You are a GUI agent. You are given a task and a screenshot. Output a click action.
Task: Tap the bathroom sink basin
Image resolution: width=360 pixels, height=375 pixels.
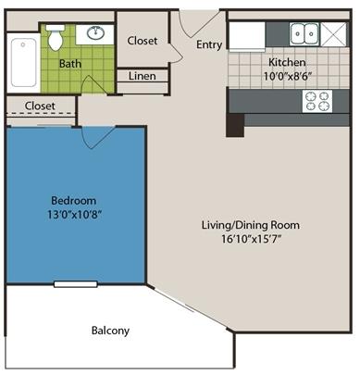pyautogui.click(x=95, y=33)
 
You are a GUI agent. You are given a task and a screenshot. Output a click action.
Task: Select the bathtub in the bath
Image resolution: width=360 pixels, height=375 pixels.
pyautogui.click(x=23, y=63)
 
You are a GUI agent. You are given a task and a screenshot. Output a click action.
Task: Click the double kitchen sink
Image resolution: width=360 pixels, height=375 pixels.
pyautogui.click(x=304, y=33)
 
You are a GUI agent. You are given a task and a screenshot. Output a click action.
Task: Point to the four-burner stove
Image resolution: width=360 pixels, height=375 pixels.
pyautogui.click(x=317, y=101)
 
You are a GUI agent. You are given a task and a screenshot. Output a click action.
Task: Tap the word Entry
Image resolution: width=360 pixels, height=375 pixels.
pyautogui.click(x=209, y=44)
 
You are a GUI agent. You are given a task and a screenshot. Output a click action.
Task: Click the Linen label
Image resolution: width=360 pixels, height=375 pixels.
pyautogui.click(x=143, y=76)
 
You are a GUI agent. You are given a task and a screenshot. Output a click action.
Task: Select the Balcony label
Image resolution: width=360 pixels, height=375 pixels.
pyautogui.click(x=110, y=331)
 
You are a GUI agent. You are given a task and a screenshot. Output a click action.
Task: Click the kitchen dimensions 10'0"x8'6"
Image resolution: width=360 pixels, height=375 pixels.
pyautogui.click(x=286, y=76)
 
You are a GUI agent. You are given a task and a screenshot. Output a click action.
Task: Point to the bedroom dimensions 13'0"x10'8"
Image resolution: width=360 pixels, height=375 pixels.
pyautogui.click(x=74, y=214)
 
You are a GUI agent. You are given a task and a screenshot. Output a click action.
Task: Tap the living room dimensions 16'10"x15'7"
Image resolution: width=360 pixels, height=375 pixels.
pyautogui.click(x=251, y=239)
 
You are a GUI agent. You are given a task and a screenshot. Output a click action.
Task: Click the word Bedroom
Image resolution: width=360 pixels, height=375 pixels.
pyautogui.click(x=74, y=201)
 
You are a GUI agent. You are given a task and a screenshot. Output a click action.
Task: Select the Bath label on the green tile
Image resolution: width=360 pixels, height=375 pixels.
pyautogui.click(x=70, y=64)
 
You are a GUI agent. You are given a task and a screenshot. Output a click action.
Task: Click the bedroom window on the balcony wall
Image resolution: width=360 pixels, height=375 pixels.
pyautogui.click(x=76, y=284)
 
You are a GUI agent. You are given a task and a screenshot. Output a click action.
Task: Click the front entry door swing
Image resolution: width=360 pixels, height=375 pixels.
pyautogui.click(x=195, y=26)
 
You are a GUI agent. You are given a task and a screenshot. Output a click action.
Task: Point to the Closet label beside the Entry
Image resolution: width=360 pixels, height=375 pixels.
pyautogui.click(x=143, y=41)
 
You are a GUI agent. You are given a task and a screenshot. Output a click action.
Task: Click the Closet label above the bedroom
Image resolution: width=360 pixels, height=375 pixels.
pyautogui.click(x=40, y=106)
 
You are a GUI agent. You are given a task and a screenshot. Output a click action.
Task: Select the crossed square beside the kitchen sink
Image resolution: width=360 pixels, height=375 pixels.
pyautogui.click(x=333, y=34)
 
